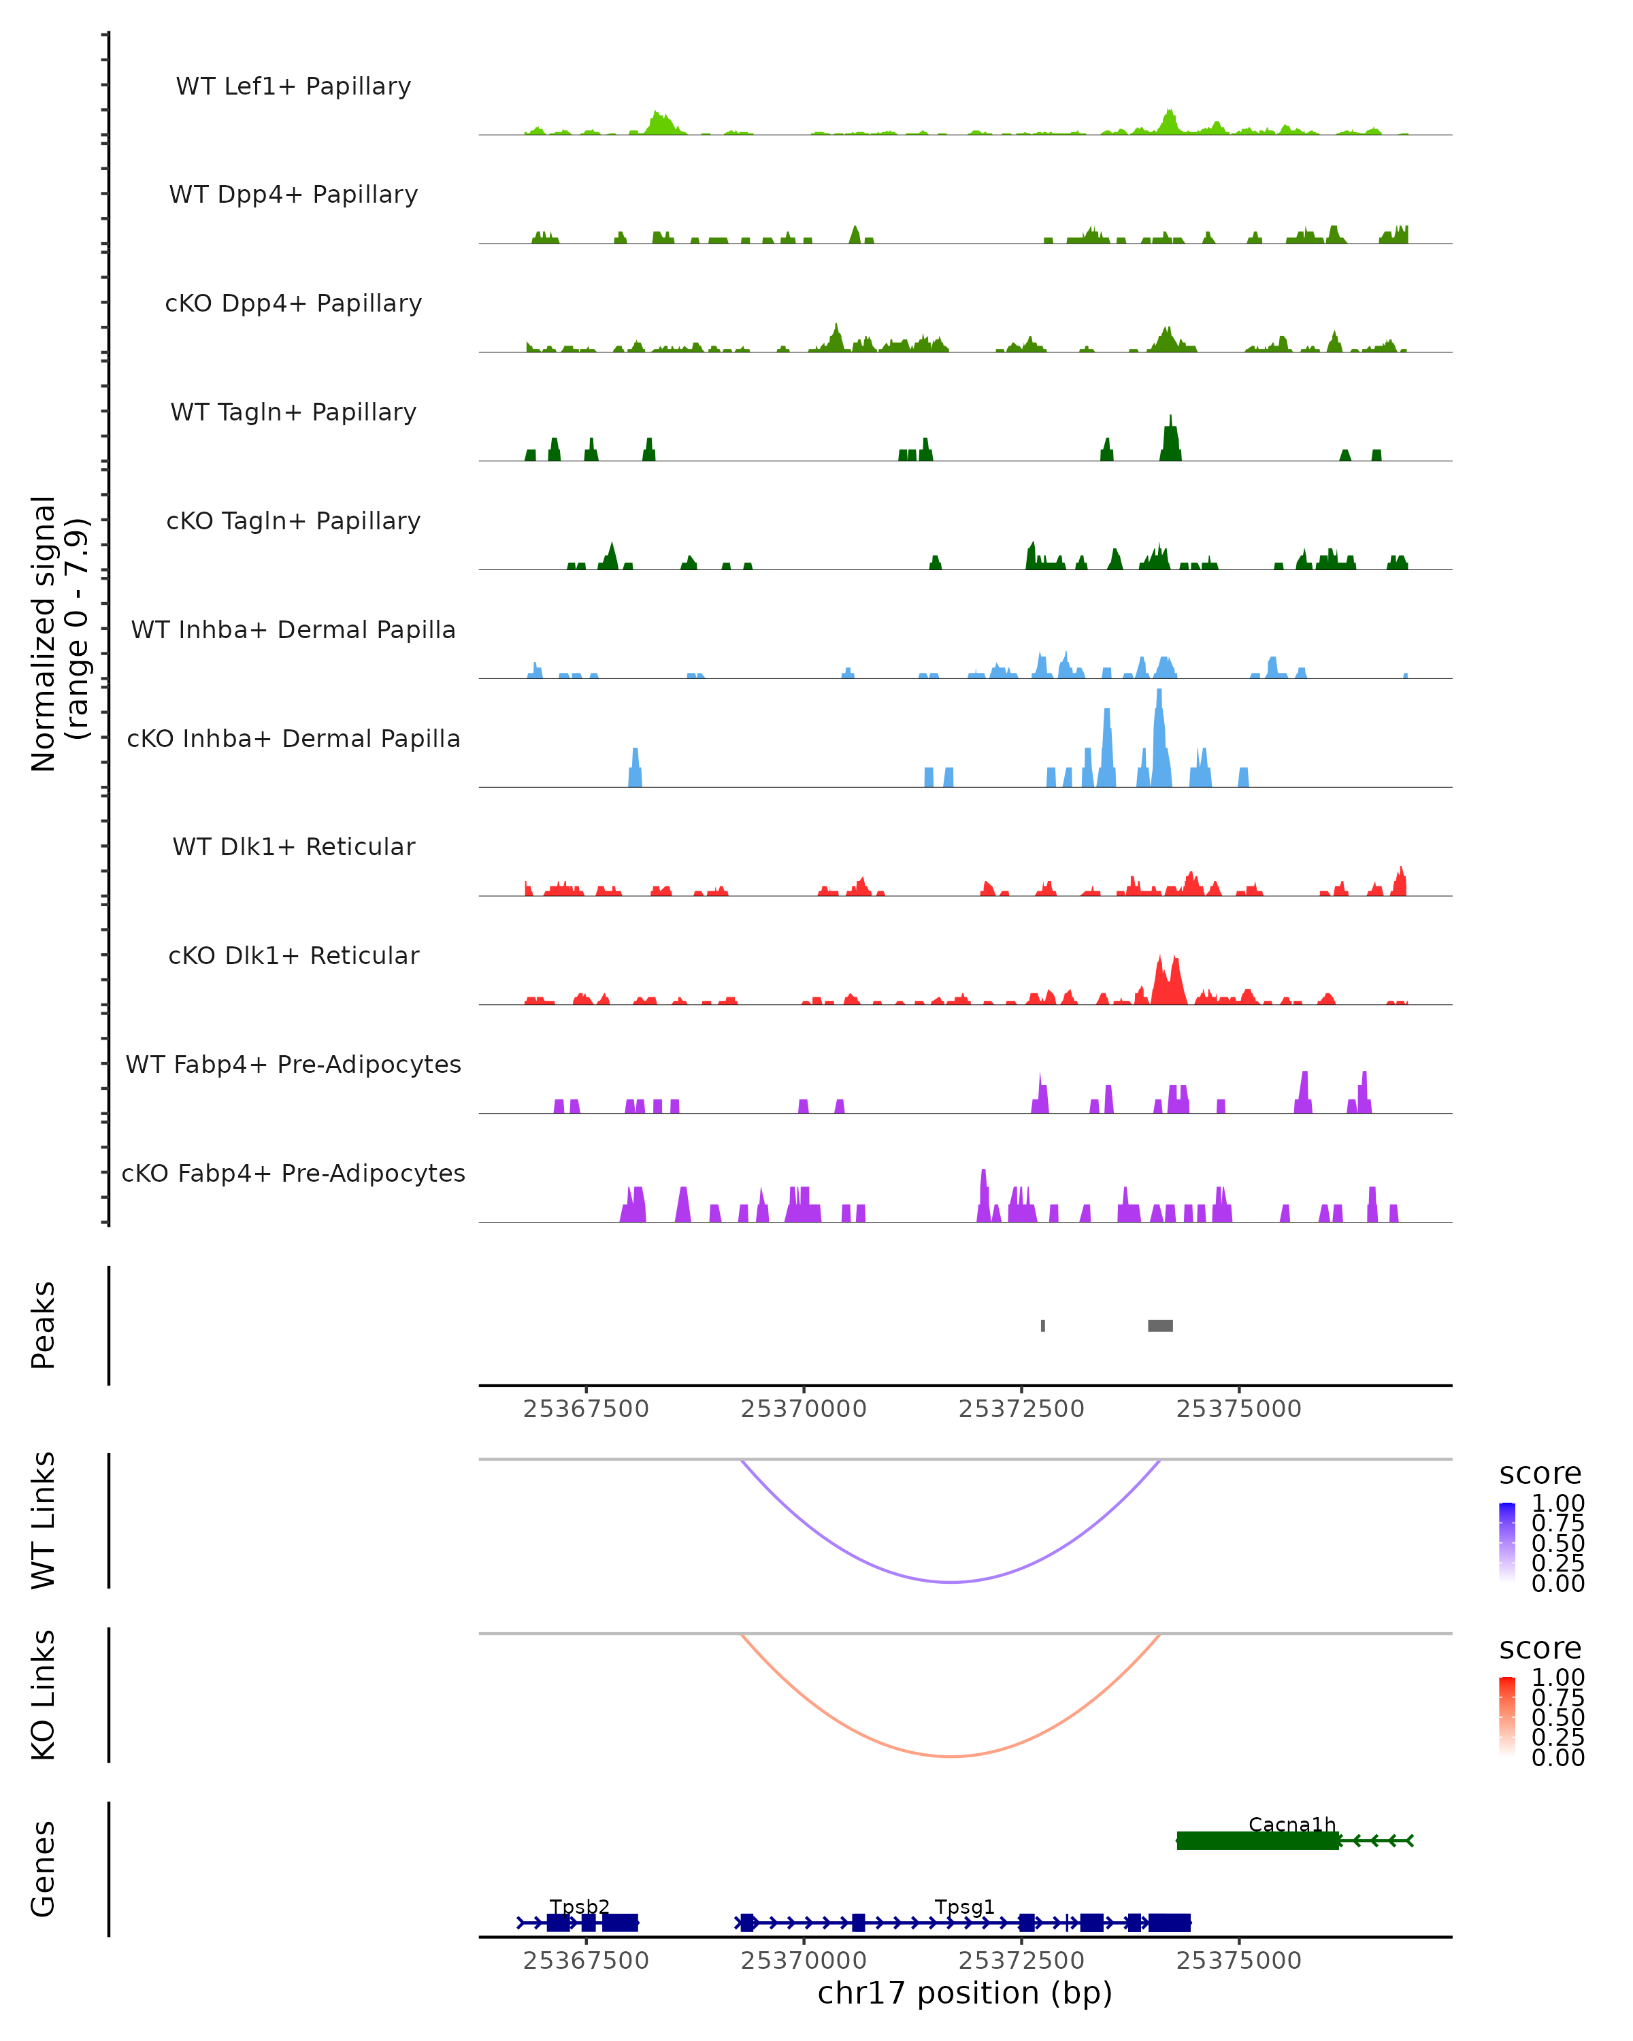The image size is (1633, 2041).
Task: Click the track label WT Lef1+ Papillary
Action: pos(293,86)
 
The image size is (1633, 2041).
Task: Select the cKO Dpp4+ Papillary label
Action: pos(293,303)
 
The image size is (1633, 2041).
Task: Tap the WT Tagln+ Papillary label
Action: pos(293,412)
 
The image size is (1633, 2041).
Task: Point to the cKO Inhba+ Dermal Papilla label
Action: pos(293,738)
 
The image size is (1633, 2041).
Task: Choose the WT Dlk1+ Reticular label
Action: pos(293,846)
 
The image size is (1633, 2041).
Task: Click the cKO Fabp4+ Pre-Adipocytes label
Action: pos(293,1173)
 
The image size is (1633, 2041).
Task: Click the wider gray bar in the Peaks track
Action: pos(1159,1325)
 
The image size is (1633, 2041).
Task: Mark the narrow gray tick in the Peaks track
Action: pos(1042,1325)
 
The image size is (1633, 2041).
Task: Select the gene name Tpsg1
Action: pos(963,1906)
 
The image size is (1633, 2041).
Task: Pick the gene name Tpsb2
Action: pos(579,1906)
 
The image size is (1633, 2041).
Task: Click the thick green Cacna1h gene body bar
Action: pos(1257,1840)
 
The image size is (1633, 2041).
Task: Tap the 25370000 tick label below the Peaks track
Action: pos(804,1409)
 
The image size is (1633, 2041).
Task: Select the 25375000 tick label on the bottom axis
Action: pos(1238,1961)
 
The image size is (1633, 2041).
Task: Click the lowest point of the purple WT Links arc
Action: pos(951,1582)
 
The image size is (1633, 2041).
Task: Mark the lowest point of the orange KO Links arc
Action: pos(951,1756)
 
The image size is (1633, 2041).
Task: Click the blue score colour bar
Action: pos(1507,1542)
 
